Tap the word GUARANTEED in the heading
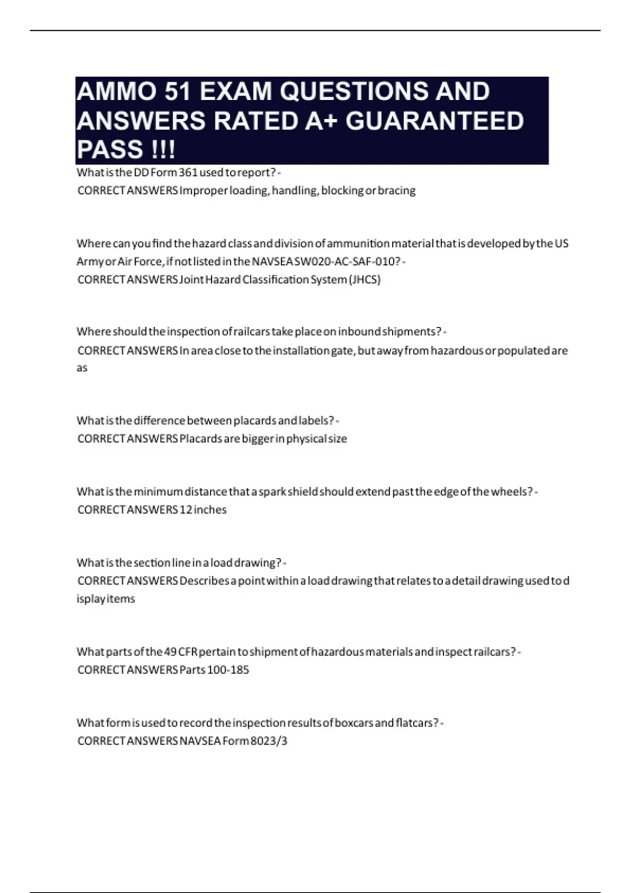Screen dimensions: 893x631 (434, 121)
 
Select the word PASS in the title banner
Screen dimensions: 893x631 (110, 149)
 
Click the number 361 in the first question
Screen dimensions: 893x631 (188, 172)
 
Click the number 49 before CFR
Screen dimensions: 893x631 (170, 652)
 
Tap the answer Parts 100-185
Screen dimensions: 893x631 (214, 670)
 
